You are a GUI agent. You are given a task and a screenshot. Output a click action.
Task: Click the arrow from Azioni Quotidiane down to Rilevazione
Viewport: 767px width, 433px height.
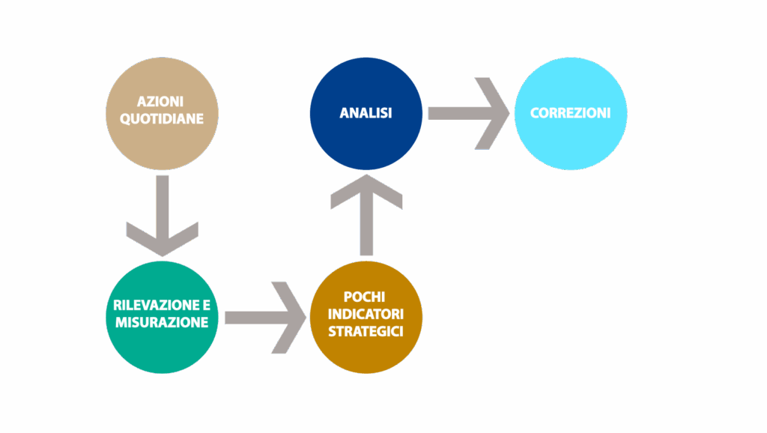click(163, 214)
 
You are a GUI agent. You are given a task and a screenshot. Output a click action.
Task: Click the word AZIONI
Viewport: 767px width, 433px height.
click(161, 101)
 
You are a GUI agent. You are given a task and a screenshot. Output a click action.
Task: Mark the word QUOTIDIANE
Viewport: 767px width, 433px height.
click(162, 118)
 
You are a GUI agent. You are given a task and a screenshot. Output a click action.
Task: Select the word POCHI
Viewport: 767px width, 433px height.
click(366, 297)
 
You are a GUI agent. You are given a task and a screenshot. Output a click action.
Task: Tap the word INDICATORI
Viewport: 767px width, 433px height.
click(366, 314)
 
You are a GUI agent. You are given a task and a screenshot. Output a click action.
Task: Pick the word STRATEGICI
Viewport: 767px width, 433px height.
click(366, 331)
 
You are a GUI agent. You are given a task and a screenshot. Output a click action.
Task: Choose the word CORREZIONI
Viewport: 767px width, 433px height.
click(570, 113)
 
